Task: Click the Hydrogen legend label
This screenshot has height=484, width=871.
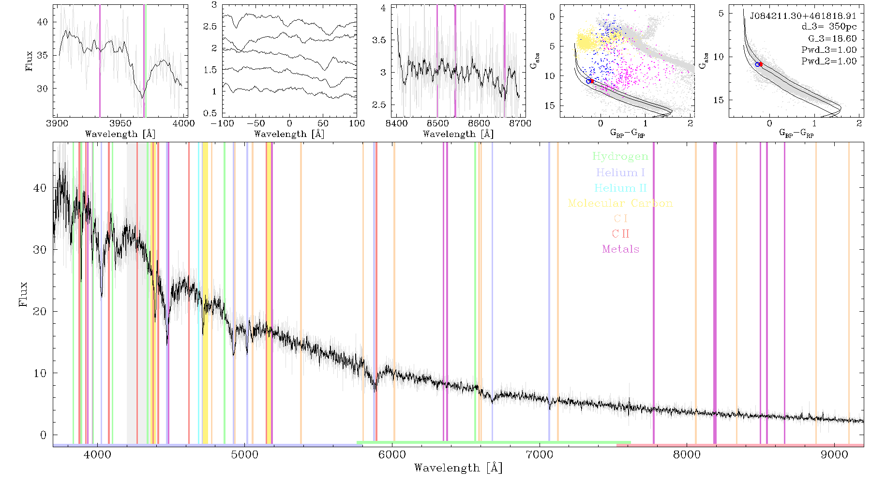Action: point(620,157)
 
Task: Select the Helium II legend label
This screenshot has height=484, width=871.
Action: point(620,188)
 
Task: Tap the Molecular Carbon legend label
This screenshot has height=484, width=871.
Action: point(620,203)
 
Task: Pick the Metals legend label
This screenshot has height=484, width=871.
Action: point(621,249)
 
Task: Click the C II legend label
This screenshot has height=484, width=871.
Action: point(621,234)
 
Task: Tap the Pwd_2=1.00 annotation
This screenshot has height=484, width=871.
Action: point(829,61)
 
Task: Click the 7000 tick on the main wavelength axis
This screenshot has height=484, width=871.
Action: point(540,454)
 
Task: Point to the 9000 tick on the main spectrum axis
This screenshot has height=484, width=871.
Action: point(834,454)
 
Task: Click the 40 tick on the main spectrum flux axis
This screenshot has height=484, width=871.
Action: point(40,188)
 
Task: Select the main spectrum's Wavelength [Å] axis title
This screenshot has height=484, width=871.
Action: point(458,468)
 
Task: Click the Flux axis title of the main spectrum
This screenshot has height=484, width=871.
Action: point(23,294)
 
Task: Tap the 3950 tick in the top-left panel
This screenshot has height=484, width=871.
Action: point(120,123)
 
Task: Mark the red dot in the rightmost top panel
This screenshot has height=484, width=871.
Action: point(761,64)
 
